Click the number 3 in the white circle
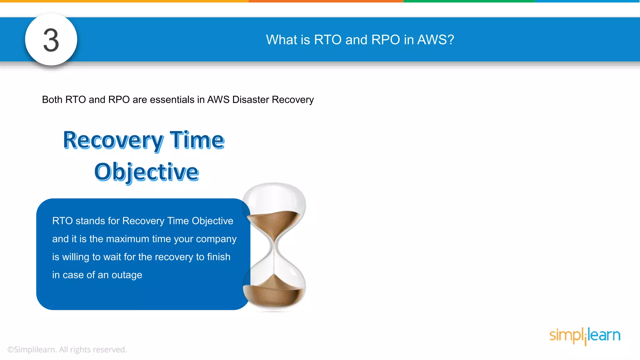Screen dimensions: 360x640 (x=51, y=40)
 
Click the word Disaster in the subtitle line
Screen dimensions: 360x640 (x=251, y=99)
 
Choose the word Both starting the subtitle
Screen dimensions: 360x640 (x=52, y=99)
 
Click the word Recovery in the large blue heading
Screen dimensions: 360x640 (x=113, y=140)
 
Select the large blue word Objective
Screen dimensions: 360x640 (x=147, y=172)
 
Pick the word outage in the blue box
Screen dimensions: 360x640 (x=127, y=275)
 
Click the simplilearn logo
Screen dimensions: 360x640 (x=585, y=336)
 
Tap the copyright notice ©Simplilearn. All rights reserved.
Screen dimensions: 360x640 (x=67, y=349)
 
